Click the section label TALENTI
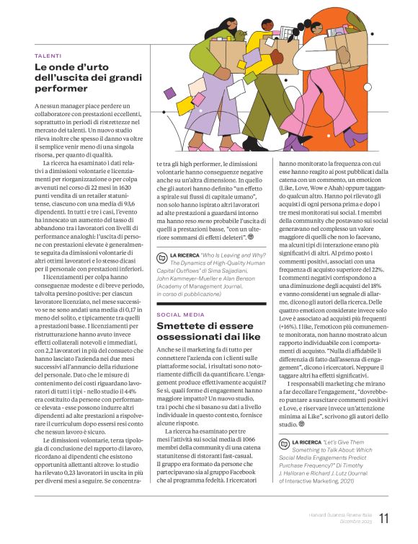pos(48,56)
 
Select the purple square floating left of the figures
pos(169,93)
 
